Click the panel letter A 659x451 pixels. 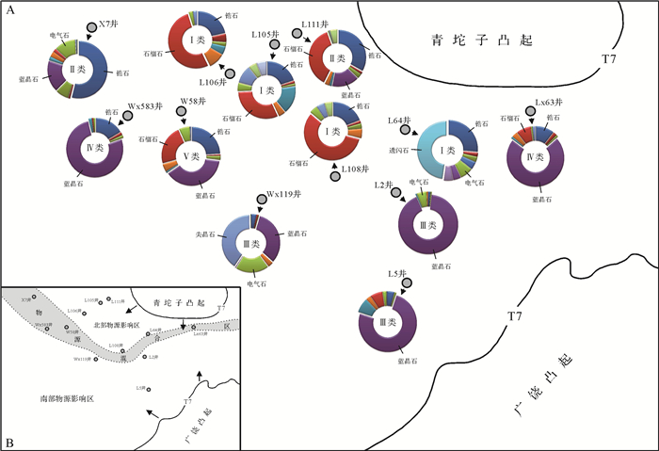[x=8, y=8]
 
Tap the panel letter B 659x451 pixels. [x=9, y=442]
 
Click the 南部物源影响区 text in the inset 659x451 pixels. [x=62, y=399]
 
